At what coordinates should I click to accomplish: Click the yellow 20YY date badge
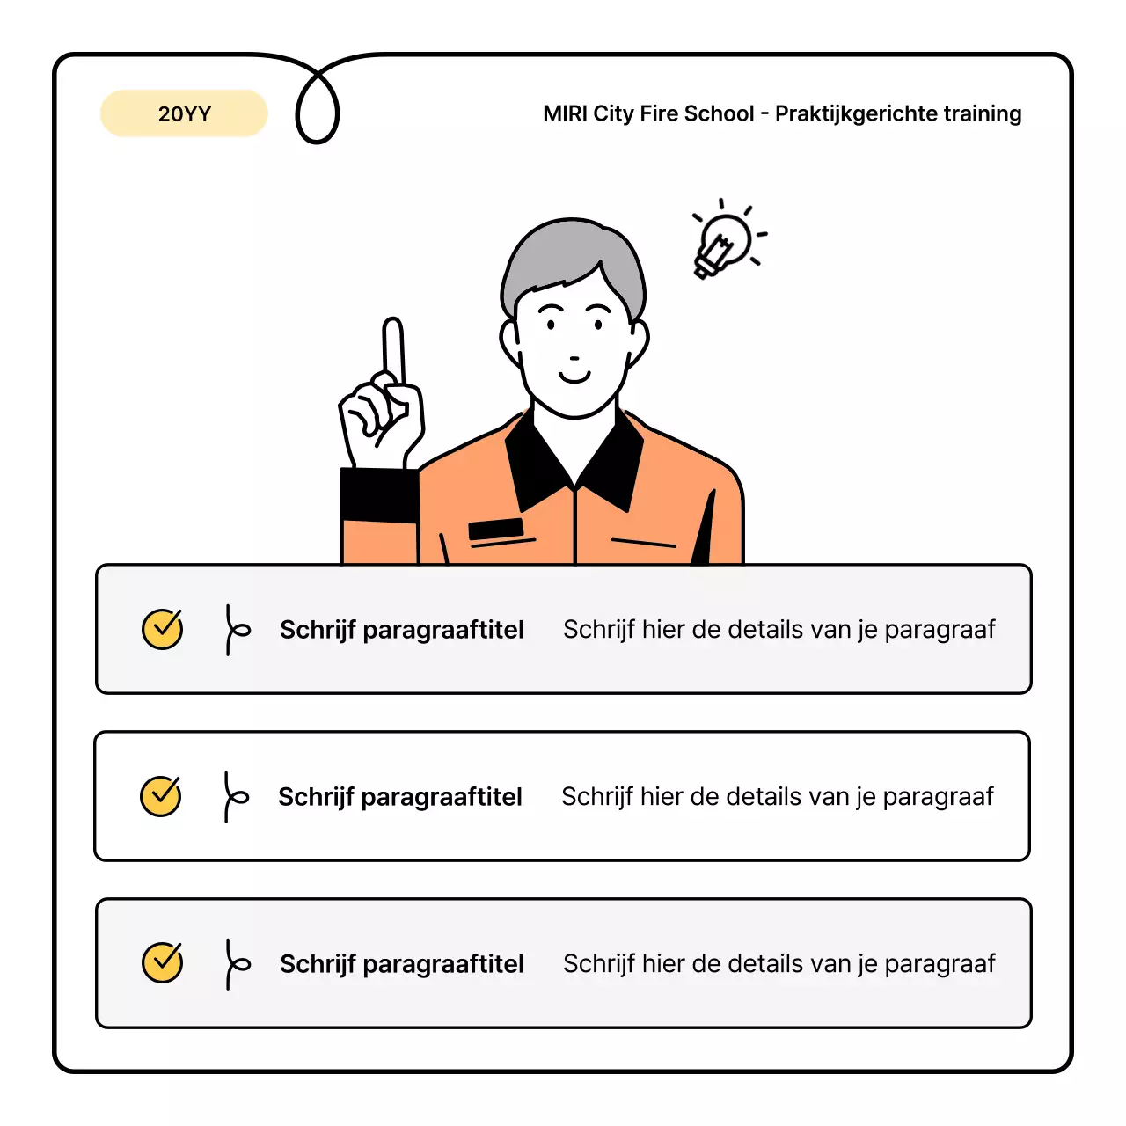click(184, 113)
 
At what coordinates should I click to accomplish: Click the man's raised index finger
click(393, 348)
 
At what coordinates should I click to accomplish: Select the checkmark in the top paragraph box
click(163, 629)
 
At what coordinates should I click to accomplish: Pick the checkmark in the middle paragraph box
click(161, 796)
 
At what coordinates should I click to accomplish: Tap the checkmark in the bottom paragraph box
click(163, 963)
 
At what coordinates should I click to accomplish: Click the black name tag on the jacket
click(496, 529)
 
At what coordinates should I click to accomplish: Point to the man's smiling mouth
click(574, 377)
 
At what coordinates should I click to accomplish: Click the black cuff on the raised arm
click(378, 494)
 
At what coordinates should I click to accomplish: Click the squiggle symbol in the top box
click(235, 629)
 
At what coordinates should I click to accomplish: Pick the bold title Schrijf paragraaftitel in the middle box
click(400, 797)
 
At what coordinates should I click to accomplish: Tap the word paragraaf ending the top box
click(940, 630)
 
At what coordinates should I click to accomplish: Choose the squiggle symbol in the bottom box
click(235, 963)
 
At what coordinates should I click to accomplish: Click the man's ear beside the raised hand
click(509, 340)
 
